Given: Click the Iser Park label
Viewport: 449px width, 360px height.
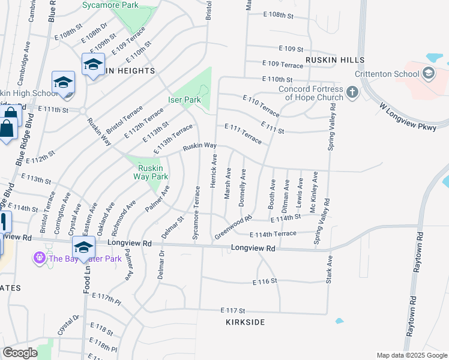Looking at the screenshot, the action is [x=184, y=100].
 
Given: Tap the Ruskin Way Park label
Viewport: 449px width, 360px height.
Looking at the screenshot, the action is [x=150, y=169].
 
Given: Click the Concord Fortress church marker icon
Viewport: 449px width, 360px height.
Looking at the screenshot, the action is [x=352, y=92].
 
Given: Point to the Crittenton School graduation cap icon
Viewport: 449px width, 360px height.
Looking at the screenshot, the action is [x=428, y=73].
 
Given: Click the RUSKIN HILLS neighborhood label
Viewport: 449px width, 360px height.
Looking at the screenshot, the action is [x=335, y=60].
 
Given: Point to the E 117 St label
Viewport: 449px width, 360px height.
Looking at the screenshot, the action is [x=234, y=311].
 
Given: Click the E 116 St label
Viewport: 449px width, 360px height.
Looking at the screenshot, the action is [x=265, y=281].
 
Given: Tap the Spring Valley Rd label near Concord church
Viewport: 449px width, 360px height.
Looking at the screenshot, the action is [x=331, y=126].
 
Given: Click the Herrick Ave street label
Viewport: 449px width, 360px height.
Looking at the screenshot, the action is [x=213, y=170].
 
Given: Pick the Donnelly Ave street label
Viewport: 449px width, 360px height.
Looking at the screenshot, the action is [x=243, y=188].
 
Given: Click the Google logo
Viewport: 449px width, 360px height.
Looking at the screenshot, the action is [x=20, y=353].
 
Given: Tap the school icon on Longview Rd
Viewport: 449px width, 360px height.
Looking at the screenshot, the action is [x=83, y=247].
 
